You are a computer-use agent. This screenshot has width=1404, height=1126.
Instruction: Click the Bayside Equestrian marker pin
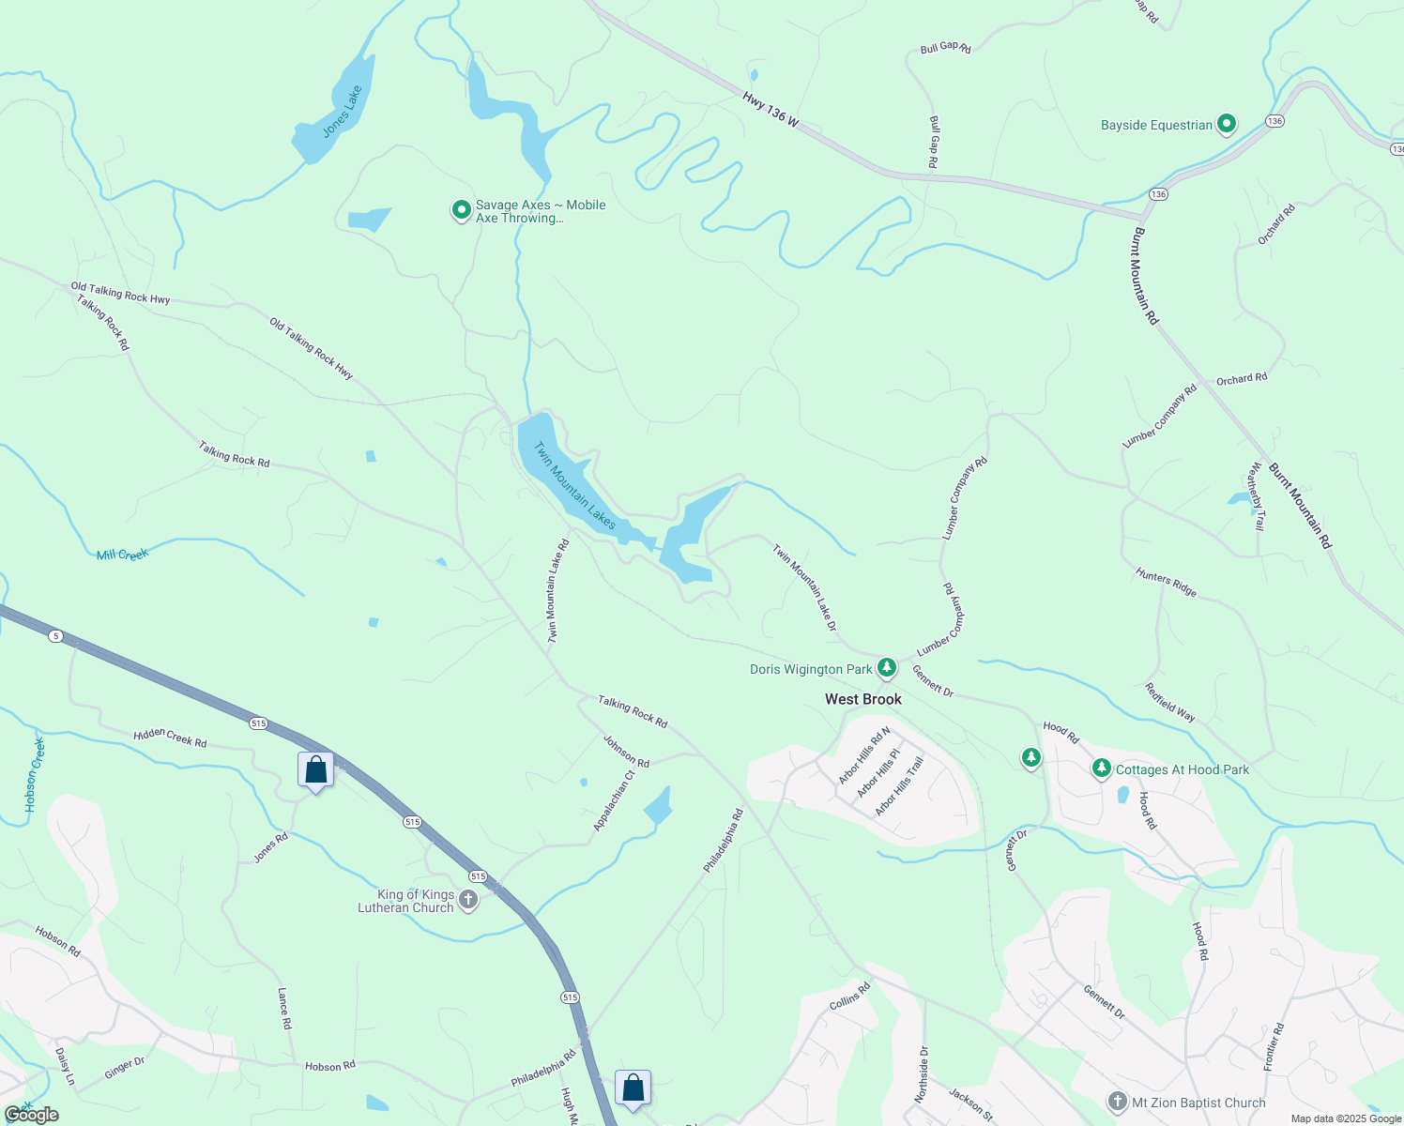[x=1226, y=124]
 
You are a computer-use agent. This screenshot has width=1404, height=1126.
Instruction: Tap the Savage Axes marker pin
[x=461, y=210]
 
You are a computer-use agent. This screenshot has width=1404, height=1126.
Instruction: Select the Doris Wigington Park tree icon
[x=887, y=669]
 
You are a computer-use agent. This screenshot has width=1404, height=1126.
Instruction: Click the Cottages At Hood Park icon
[x=1102, y=769]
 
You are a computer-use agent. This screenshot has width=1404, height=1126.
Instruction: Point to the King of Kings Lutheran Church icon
[x=468, y=901]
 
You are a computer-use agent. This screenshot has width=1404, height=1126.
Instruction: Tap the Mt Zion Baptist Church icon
[x=1117, y=1102]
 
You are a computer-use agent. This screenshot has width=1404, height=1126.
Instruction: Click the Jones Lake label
[x=342, y=112]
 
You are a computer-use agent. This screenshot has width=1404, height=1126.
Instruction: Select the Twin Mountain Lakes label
[x=574, y=486]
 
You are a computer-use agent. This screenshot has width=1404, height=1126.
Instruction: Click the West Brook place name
[x=862, y=699]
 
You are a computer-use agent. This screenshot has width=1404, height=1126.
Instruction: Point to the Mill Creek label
[x=122, y=555]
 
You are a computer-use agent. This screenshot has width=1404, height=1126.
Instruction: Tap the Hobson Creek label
[x=35, y=775]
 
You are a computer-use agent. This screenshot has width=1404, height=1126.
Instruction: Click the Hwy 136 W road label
[x=770, y=110]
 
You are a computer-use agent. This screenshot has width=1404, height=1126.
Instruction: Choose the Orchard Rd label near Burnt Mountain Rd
[x=1242, y=379]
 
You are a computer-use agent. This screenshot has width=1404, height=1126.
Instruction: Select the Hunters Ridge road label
[x=1166, y=582]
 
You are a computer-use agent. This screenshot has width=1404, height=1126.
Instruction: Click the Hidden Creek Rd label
[x=170, y=738]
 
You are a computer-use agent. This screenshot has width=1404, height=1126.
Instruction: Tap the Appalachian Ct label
[x=615, y=800]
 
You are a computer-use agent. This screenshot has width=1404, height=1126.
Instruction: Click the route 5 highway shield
[x=56, y=636]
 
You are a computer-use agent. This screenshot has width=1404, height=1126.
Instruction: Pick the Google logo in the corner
[x=32, y=1115]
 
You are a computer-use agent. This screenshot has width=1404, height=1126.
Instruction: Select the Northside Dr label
[x=923, y=1074]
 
